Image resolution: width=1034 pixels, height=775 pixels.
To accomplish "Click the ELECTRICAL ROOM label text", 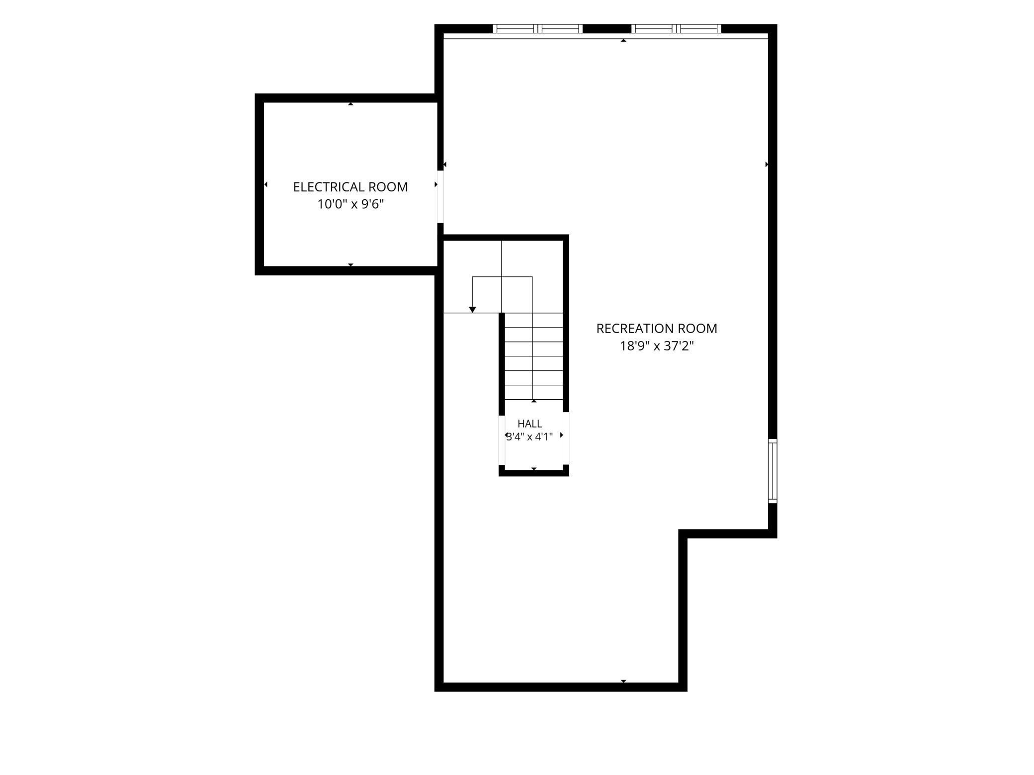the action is pyautogui.click(x=350, y=187).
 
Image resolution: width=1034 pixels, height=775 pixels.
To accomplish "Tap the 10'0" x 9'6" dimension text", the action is pyautogui.click(x=350, y=204).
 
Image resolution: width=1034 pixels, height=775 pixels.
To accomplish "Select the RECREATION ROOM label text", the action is pyautogui.click(x=657, y=329).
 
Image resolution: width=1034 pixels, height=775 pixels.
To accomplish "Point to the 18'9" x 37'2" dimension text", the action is pyautogui.click(x=657, y=346).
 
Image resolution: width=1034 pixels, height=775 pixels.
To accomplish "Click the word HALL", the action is pyautogui.click(x=530, y=424).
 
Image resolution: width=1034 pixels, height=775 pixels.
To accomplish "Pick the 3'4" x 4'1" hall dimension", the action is pyautogui.click(x=530, y=437).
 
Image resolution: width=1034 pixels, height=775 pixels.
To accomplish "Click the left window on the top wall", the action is pyautogui.click(x=537, y=29).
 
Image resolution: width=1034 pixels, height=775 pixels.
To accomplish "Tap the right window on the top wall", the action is pyautogui.click(x=676, y=29).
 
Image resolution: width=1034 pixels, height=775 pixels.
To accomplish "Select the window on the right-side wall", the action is pyautogui.click(x=773, y=471).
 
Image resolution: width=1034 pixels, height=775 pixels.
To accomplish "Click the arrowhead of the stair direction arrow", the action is pyautogui.click(x=473, y=310).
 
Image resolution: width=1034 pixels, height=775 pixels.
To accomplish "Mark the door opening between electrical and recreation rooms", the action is pyautogui.click(x=440, y=197).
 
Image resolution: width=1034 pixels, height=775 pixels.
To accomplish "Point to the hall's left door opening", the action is pyautogui.click(x=502, y=440).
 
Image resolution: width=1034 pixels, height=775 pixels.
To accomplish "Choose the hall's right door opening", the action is pyautogui.click(x=566, y=438).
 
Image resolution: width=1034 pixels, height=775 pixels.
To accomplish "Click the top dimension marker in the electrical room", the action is pyautogui.click(x=350, y=104).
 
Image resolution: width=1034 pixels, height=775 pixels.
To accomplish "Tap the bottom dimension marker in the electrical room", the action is pyautogui.click(x=350, y=265).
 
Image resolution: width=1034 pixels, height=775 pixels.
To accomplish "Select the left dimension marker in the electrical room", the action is pyautogui.click(x=266, y=184).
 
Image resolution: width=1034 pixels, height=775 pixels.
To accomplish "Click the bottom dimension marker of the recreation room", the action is pyautogui.click(x=623, y=681).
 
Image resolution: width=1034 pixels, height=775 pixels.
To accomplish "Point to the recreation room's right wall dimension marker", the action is pyautogui.click(x=767, y=164).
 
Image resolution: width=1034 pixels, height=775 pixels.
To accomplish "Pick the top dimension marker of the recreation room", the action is pyautogui.click(x=623, y=40).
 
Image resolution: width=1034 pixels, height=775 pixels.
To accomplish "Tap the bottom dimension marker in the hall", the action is pyautogui.click(x=534, y=469).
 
